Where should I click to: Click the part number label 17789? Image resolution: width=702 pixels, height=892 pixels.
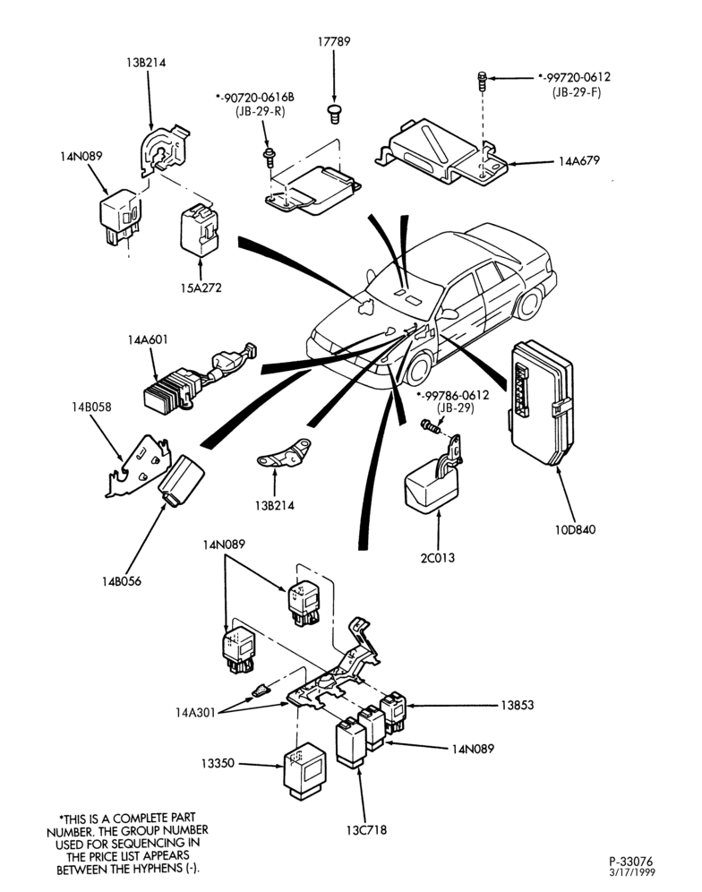(x=334, y=41)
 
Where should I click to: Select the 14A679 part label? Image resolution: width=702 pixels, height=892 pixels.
(x=578, y=161)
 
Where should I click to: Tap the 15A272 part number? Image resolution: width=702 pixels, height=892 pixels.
(x=201, y=287)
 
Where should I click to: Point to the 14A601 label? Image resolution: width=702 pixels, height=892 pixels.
(x=148, y=340)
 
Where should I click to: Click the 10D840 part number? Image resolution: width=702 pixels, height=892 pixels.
(x=575, y=529)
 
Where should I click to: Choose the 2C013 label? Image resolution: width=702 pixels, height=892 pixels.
(x=438, y=558)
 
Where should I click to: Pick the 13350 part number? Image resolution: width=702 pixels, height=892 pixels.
(x=218, y=763)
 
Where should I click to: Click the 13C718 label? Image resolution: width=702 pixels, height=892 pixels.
(x=366, y=830)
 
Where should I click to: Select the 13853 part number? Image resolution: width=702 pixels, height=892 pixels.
(x=518, y=706)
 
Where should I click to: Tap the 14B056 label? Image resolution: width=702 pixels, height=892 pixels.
(x=121, y=581)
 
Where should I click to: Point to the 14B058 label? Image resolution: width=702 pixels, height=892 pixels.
(x=91, y=407)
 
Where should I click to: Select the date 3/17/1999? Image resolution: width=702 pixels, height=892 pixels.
(x=632, y=872)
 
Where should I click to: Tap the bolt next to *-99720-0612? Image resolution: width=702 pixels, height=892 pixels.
(x=482, y=81)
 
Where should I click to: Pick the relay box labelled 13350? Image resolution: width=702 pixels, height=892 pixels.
(x=304, y=770)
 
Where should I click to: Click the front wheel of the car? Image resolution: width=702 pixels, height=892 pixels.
(x=419, y=369)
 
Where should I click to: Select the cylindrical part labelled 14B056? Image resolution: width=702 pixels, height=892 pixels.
(x=180, y=480)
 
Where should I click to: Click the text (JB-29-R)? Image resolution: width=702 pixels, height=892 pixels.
(x=260, y=111)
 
